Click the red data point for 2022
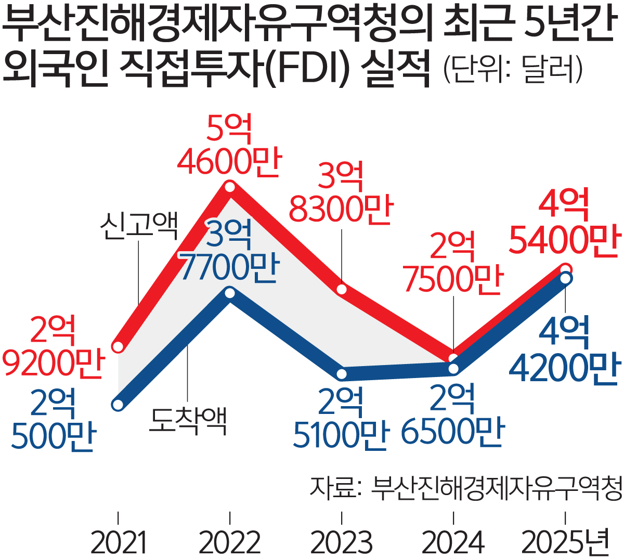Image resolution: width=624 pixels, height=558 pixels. click(x=230, y=186)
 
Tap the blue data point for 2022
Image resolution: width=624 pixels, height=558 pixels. click(x=230, y=293)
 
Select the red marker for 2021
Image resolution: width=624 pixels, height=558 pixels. click(x=119, y=346)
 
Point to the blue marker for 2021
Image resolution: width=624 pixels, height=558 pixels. click(x=119, y=405)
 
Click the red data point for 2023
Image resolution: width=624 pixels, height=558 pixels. click(x=342, y=290)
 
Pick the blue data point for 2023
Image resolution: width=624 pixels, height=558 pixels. click(x=342, y=374)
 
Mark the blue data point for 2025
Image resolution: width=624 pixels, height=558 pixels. click(x=565, y=279)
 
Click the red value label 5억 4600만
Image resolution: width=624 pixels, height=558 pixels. click(x=229, y=145)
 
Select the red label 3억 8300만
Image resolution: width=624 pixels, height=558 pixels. click(x=341, y=193)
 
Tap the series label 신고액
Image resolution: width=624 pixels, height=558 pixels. click(x=139, y=225)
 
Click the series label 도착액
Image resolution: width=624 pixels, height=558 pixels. click(x=188, y=421)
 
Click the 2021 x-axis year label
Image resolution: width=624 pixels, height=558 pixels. click(x=119, y=542)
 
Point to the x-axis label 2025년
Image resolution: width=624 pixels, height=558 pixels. click(x=565, y=542)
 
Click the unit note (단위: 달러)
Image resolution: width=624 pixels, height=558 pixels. click(x=513, y=69)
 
